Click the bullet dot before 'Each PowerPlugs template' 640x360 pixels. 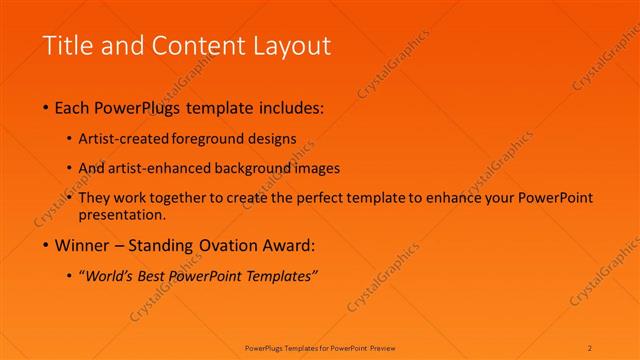(47, 107)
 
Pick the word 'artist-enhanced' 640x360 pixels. (169, 168)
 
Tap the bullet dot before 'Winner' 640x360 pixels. (47, 245)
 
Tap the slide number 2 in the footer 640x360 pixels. (590, 347)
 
